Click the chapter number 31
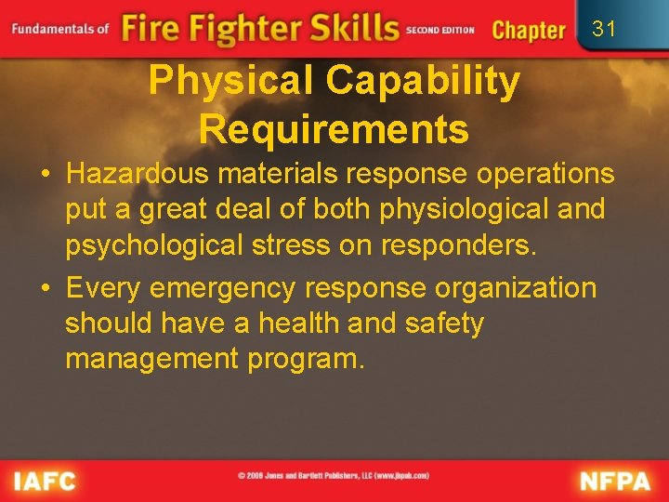pyautogui.click(x=604, y=29)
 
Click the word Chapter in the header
pyautogui.click(x=528, y=30)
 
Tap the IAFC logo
pyautogui.click(x=44, y=482)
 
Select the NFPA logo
pyautogui.click(x=616, y=482)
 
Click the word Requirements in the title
pyautogui.click(x=334, y=129)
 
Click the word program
pyautogui.click(x=306, y=359)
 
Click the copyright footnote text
pyautogui.click(x=334, y=476)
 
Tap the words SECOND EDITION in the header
pyautogui.click(x=439, y=31)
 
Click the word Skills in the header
pyautogui.click(x=343, y=28)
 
